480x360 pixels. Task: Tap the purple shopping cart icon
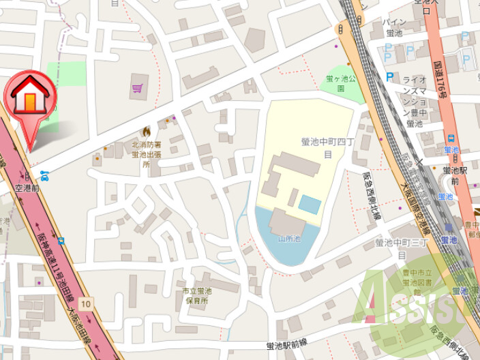coord(138,88)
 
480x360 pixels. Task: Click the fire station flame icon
coord(145,131)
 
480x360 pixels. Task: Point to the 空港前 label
coord(29,187)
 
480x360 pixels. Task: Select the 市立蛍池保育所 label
coord(195,296)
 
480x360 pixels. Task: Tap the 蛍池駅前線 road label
coord(297,346)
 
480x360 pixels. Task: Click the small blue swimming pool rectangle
coord(310,204)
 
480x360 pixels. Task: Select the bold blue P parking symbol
coord(390,77)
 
